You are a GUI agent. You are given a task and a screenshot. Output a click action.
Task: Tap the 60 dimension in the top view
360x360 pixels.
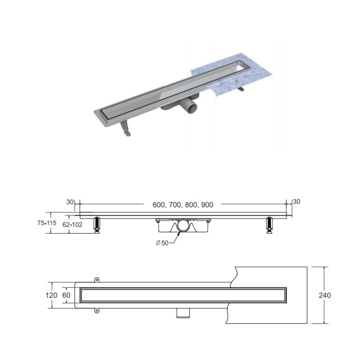point(67,295)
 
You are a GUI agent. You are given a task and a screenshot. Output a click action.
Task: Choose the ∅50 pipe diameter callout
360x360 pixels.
point(162,243)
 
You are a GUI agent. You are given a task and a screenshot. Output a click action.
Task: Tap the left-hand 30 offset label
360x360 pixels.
point(70,202)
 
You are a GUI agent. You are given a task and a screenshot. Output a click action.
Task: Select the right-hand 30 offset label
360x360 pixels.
point(297,201)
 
